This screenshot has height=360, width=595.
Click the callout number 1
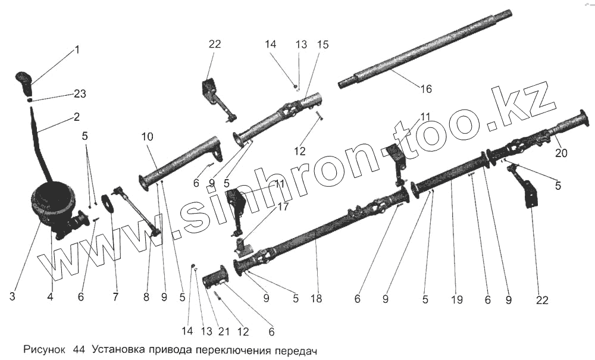(76, 51)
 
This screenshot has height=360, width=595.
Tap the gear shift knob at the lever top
(24, 83)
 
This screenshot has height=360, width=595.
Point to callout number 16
(426, 89)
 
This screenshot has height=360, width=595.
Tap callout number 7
(116, 295)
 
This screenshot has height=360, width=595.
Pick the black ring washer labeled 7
(108, 203)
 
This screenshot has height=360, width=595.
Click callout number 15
(323, 45)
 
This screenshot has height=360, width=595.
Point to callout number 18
(316, 298)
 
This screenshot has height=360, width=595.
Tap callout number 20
(561, 153)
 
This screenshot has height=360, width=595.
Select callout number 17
(283, 208)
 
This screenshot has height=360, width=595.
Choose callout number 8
(146, 295)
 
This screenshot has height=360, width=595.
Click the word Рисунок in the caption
(44, 350)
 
